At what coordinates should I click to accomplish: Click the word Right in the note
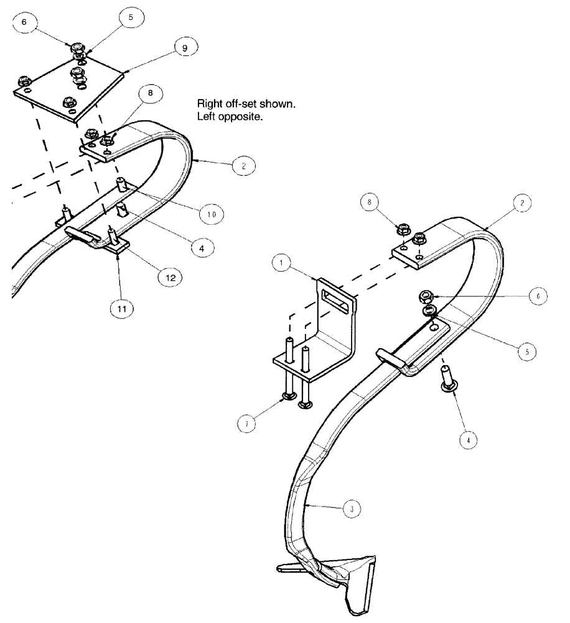210,103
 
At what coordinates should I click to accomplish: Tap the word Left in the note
207,117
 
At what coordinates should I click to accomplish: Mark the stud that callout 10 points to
121,186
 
